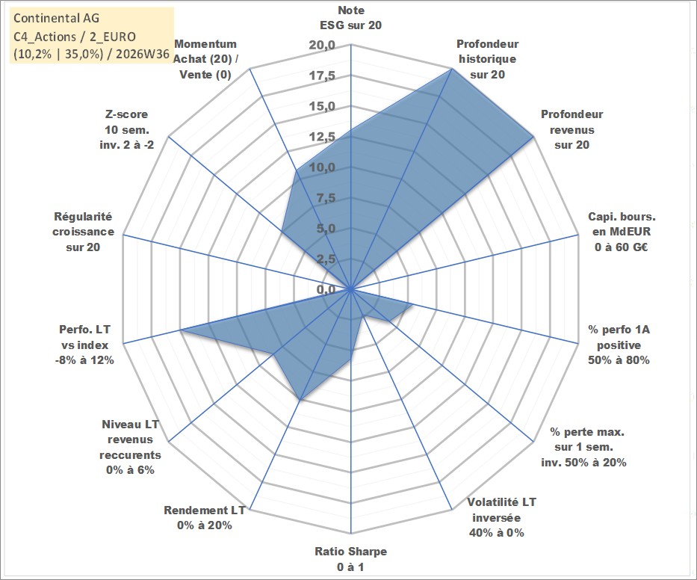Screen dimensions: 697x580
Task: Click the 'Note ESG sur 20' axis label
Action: point(350,18)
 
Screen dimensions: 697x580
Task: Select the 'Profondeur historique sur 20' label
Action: point(487,59)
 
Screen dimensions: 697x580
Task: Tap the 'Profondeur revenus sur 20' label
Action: point(571,129)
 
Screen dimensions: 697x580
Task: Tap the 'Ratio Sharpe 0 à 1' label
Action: point(350,559)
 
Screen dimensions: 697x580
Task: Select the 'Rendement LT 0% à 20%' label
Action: point(205,518)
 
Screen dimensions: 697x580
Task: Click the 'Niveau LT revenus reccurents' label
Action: point(130,447)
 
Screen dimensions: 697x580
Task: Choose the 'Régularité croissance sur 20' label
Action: point(83,232)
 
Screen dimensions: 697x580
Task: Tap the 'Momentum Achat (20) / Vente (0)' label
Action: point(205,59)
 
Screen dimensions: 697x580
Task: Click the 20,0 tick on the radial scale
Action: point(322,46)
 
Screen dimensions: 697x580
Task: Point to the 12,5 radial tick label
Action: point(322,137)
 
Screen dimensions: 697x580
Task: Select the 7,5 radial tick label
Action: point(326,198)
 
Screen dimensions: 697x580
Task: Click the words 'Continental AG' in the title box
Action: point(57,18)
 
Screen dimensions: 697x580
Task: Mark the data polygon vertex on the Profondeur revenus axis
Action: point(533,137)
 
